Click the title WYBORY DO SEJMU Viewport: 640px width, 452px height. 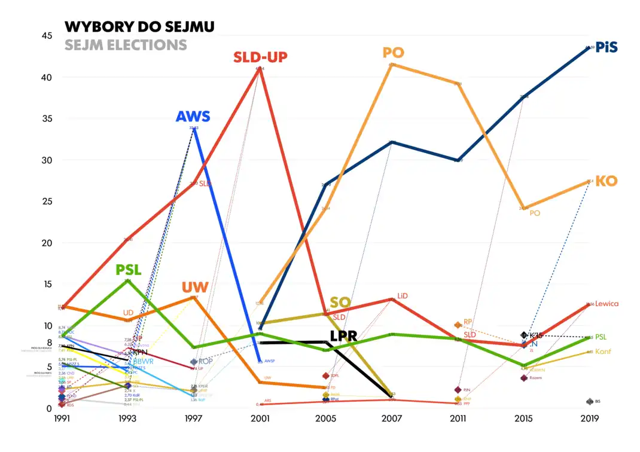point(139,26)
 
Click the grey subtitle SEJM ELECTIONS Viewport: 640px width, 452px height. point(126,45)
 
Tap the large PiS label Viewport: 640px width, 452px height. point(607,48)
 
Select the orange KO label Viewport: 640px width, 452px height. point(607,181)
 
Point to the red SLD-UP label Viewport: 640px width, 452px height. point(260,57)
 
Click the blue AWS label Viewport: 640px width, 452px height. point(193,117)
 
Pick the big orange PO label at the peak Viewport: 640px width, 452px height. point(394,53)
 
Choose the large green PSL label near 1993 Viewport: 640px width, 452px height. point(129,270)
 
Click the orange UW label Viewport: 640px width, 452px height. point(195,288)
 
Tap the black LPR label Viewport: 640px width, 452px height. point(343,336)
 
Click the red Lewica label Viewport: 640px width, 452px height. point(607,304)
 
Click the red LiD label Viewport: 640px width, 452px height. point(403,296)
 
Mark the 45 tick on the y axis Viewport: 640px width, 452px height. point(46,36)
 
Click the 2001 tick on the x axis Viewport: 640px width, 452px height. point(260,420)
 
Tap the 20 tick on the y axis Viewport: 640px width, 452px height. point(46,243)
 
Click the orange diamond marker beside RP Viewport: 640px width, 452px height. point(458,325)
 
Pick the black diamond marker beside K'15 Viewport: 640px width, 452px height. point(524,335)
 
